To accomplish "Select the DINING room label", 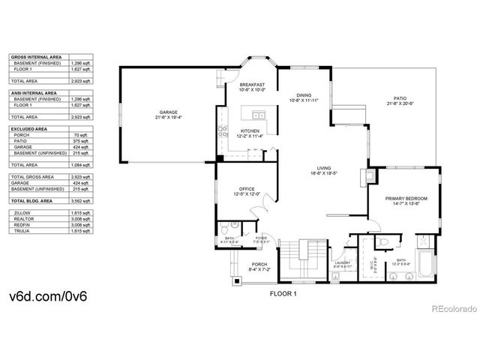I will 304,96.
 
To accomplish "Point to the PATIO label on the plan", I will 401,99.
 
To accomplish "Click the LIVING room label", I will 324,169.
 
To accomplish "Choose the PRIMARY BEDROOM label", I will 406,199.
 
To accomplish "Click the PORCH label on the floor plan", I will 259,265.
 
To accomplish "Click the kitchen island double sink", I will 258,115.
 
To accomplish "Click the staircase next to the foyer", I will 307,259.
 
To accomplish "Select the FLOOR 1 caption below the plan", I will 283,295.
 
